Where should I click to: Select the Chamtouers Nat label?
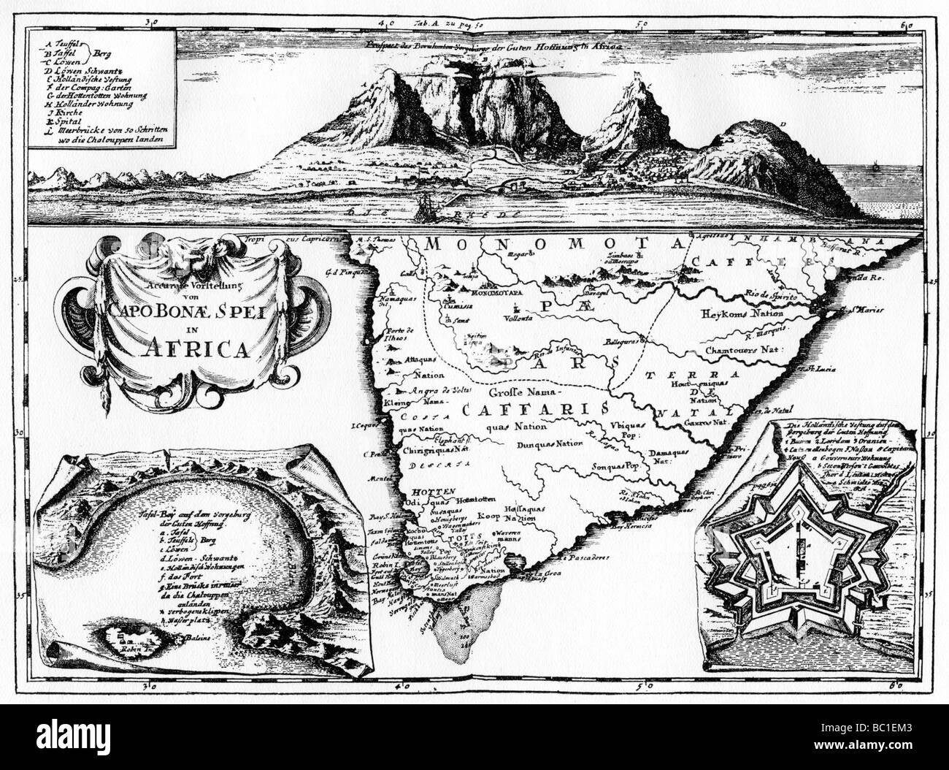click(x=743, y=349)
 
